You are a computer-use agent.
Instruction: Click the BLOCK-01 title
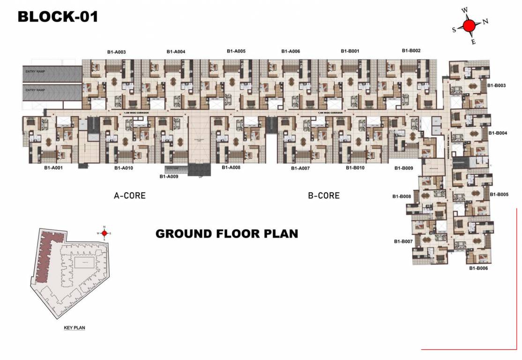[58, 17]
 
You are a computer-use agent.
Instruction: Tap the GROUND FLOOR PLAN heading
[227, 233]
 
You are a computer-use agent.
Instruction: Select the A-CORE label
[130, 195]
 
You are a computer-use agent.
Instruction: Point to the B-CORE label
[324, 195]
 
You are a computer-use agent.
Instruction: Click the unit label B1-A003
[117, 52]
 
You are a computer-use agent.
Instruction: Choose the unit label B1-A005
[236, 51]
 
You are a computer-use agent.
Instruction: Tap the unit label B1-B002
[411, 51]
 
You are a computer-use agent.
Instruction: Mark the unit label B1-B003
[496, 86]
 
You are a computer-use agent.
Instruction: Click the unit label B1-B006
[478, 268]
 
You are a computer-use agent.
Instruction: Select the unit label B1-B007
[403, 241]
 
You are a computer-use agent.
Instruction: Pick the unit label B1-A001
[53, 167]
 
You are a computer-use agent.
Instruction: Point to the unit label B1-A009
[169, 177]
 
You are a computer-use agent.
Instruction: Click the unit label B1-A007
[300, 168]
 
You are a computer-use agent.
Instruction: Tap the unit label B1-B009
[403, 168]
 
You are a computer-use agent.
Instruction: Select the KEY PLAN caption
[74, 328]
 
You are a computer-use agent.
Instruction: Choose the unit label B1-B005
[499, 194]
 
